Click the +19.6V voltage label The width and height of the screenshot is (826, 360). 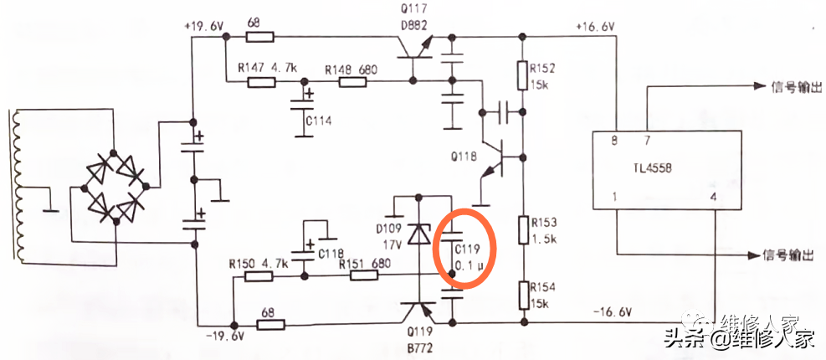click(x=204, y=27)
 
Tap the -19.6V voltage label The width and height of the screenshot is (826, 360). click(x=224, y=336)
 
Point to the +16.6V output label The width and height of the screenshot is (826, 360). click(x=595, y=27)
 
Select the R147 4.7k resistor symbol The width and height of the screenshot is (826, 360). click(x=261, y=81)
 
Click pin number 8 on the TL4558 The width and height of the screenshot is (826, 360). click(x=615, y=141)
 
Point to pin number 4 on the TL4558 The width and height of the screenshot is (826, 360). click(x=714, y=198)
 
